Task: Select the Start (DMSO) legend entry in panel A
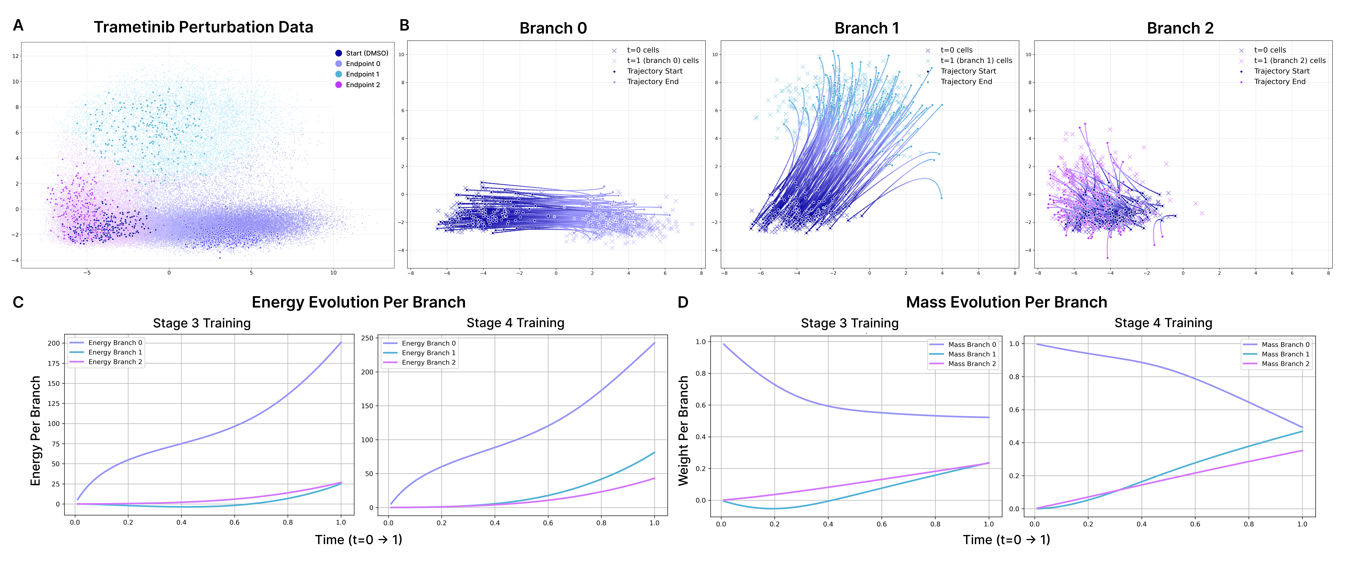366,53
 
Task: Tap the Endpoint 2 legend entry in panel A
362,85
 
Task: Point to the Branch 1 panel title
867,28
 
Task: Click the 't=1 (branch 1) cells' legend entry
976,61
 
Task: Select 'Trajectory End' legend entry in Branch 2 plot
1280,82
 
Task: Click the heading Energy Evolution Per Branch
358,302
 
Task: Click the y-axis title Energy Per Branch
36,431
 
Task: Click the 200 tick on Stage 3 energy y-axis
54,343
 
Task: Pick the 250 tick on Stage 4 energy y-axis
367,338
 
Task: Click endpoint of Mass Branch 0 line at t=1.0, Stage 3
988,418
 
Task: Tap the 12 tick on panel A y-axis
16,56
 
